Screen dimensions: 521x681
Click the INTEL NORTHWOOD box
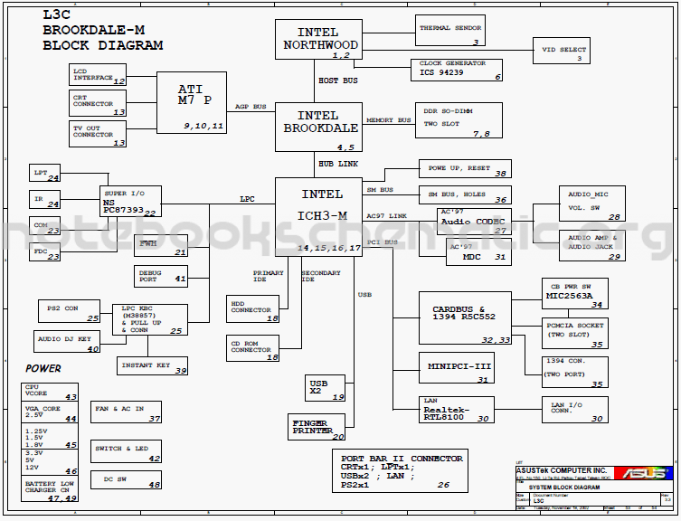click(318, 40)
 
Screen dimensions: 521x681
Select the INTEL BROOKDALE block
click(318, 126)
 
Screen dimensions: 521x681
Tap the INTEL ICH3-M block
click(318, 216)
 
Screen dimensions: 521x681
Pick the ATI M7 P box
click(192, 102)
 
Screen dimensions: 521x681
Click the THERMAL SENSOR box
click(449, 31)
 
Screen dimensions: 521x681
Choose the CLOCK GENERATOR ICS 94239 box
click(457, 69)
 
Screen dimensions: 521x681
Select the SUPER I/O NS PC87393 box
click(129, 202)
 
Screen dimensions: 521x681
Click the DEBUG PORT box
click(161, 275)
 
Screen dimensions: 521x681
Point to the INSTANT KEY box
click(153, 365)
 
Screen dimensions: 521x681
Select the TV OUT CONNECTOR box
click(98, 135)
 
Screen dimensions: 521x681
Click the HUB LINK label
click(337, 164)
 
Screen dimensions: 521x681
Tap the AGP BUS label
click(251, 107)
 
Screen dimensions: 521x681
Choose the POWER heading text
click(43, 369)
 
